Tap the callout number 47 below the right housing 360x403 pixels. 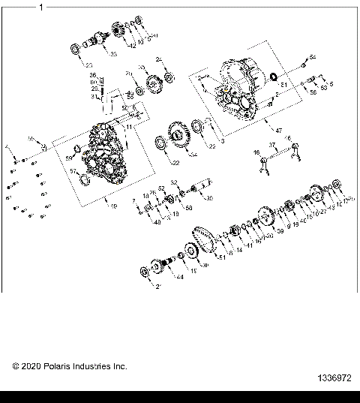pyautogui.click(x=278, y=131)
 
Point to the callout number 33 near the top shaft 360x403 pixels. pyautogui.click(x=113, y=55)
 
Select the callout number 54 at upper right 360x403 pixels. pyautogui.click(x=313, y=58)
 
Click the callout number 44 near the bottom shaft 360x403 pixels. pyautogui.click(x=180, y=277)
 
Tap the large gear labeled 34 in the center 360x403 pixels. pyautogui.click(x=180, y=138)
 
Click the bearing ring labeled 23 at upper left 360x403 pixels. pyautogui.click(x=76, y=49)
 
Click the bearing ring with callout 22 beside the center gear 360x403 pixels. pyautogui.click(x=161, y=143)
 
